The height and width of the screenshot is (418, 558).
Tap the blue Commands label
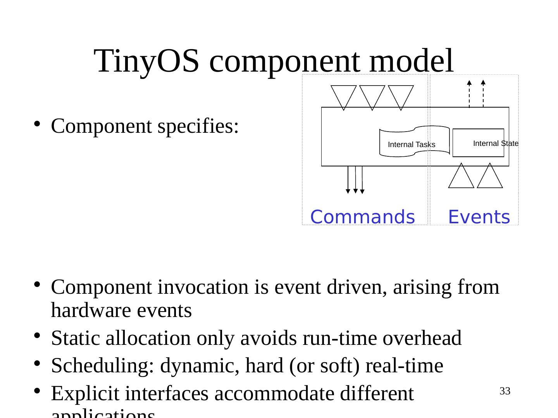pyautogui.click(x=362, y=217)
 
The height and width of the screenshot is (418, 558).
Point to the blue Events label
pyautogui.click(x=479, y=217)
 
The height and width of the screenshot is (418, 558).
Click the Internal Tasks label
pyautogui.click(x=412, y=145)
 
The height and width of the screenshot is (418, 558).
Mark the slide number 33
pyautogui.click(x=505, y=391)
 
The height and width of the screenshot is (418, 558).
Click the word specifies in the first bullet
pyautogui.click(x=198, y=126)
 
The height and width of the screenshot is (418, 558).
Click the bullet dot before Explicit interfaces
pyautogui.click(x=37, y=392)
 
